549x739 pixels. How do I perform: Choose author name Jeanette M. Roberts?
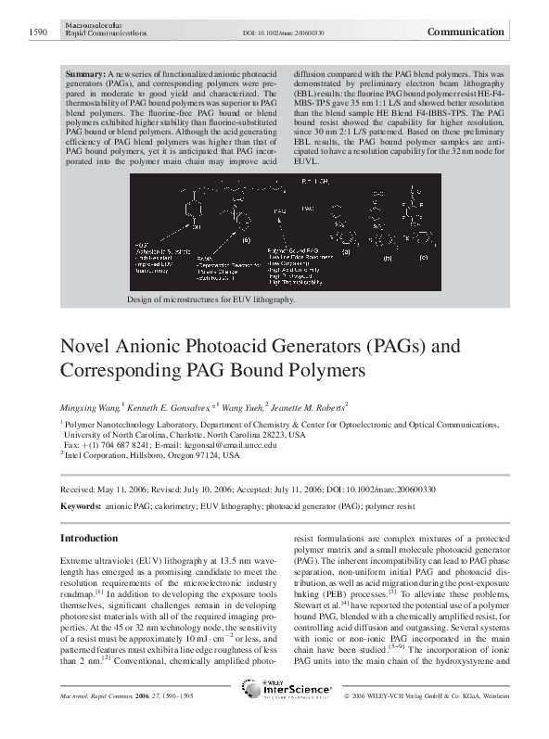[x=311, y=406]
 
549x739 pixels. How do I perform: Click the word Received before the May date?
[x=78, y=488]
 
